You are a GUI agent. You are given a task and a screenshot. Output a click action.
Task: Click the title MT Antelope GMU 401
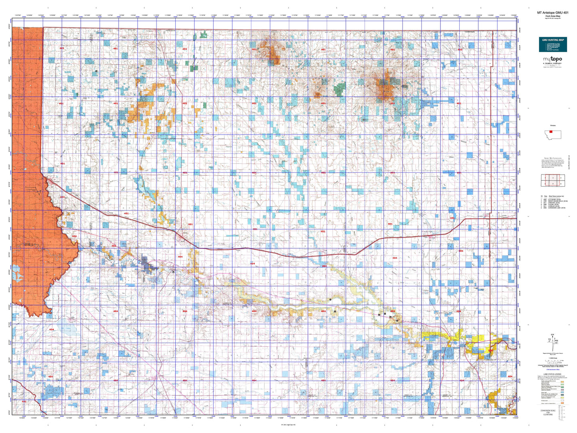point(553,13)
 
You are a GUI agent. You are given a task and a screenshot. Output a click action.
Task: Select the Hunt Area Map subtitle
point(553,16)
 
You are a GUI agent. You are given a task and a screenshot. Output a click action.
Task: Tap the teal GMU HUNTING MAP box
point(553,44)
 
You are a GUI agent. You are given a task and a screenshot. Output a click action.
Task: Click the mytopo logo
point(553,60)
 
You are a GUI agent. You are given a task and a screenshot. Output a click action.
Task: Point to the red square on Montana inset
point(551,131)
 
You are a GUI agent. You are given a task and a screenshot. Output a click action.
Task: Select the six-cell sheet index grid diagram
point(553,180)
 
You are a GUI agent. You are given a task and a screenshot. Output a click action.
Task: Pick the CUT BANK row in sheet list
point(554,199)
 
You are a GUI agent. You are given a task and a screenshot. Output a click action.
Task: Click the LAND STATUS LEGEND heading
point(552,374)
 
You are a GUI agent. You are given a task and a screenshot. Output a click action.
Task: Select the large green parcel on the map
point(339,89)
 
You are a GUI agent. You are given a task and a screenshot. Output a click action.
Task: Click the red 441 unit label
point(24,402)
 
